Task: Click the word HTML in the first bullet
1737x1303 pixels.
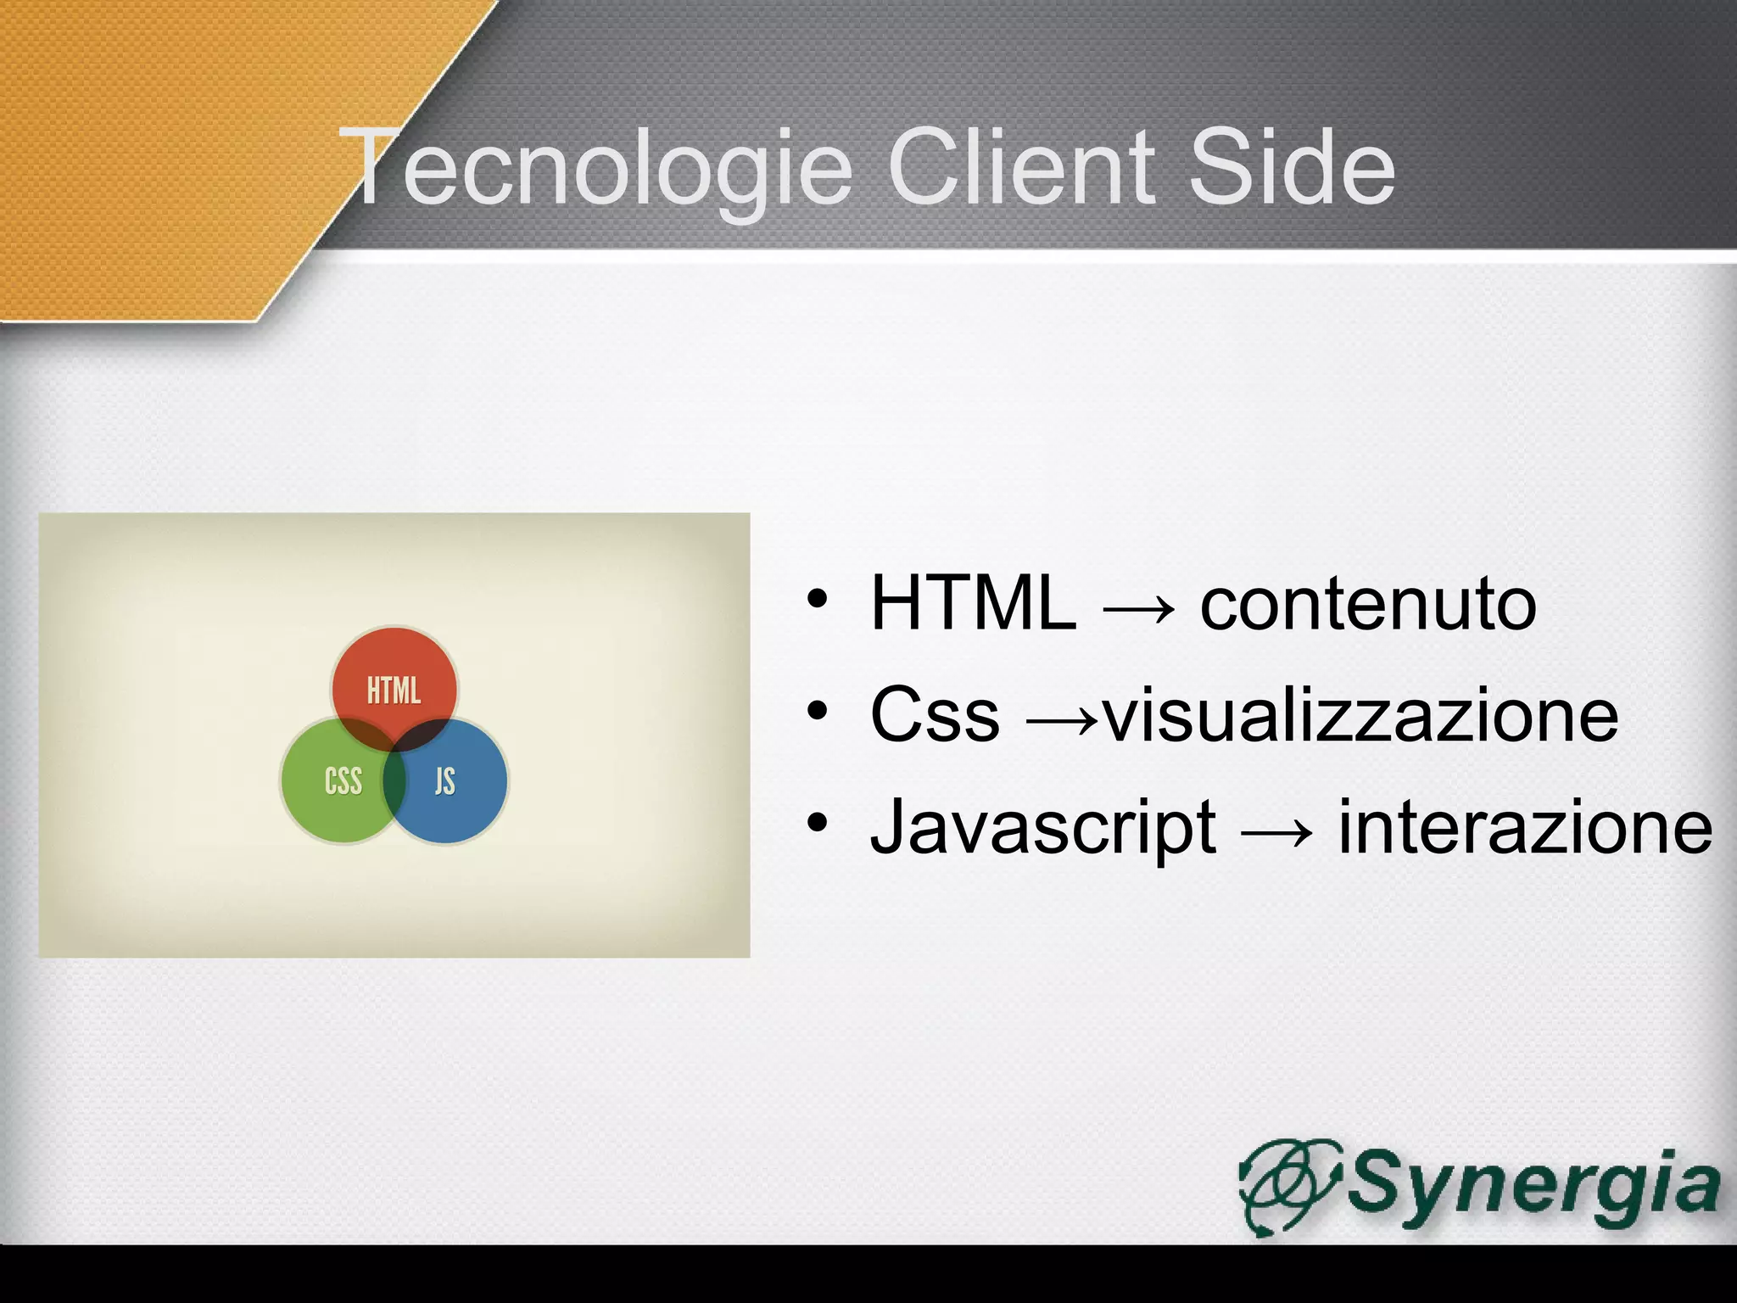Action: (x=973, y=603)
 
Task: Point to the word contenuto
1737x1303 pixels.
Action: (x=1367, y=605)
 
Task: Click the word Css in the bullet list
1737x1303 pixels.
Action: (x=935, y=715)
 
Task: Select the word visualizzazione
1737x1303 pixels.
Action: (x=1360, y=715)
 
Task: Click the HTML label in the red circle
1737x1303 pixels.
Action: (x=394, y=691)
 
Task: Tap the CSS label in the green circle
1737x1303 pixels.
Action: (x=343, y=781)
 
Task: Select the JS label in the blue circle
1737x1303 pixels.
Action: (x=445, y=781)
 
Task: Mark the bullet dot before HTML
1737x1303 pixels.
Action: (x=817, y=599)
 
